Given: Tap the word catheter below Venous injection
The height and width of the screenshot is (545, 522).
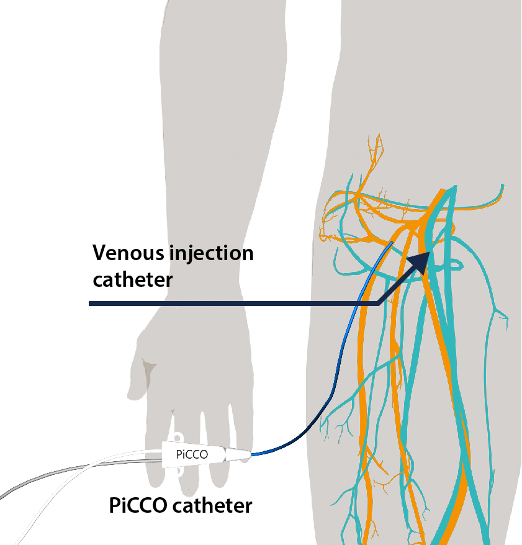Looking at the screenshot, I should coord(132,280).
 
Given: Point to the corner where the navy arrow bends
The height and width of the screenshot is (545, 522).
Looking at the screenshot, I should coord(377,303).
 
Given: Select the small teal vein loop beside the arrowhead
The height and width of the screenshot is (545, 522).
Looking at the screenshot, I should coord(451,266).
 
